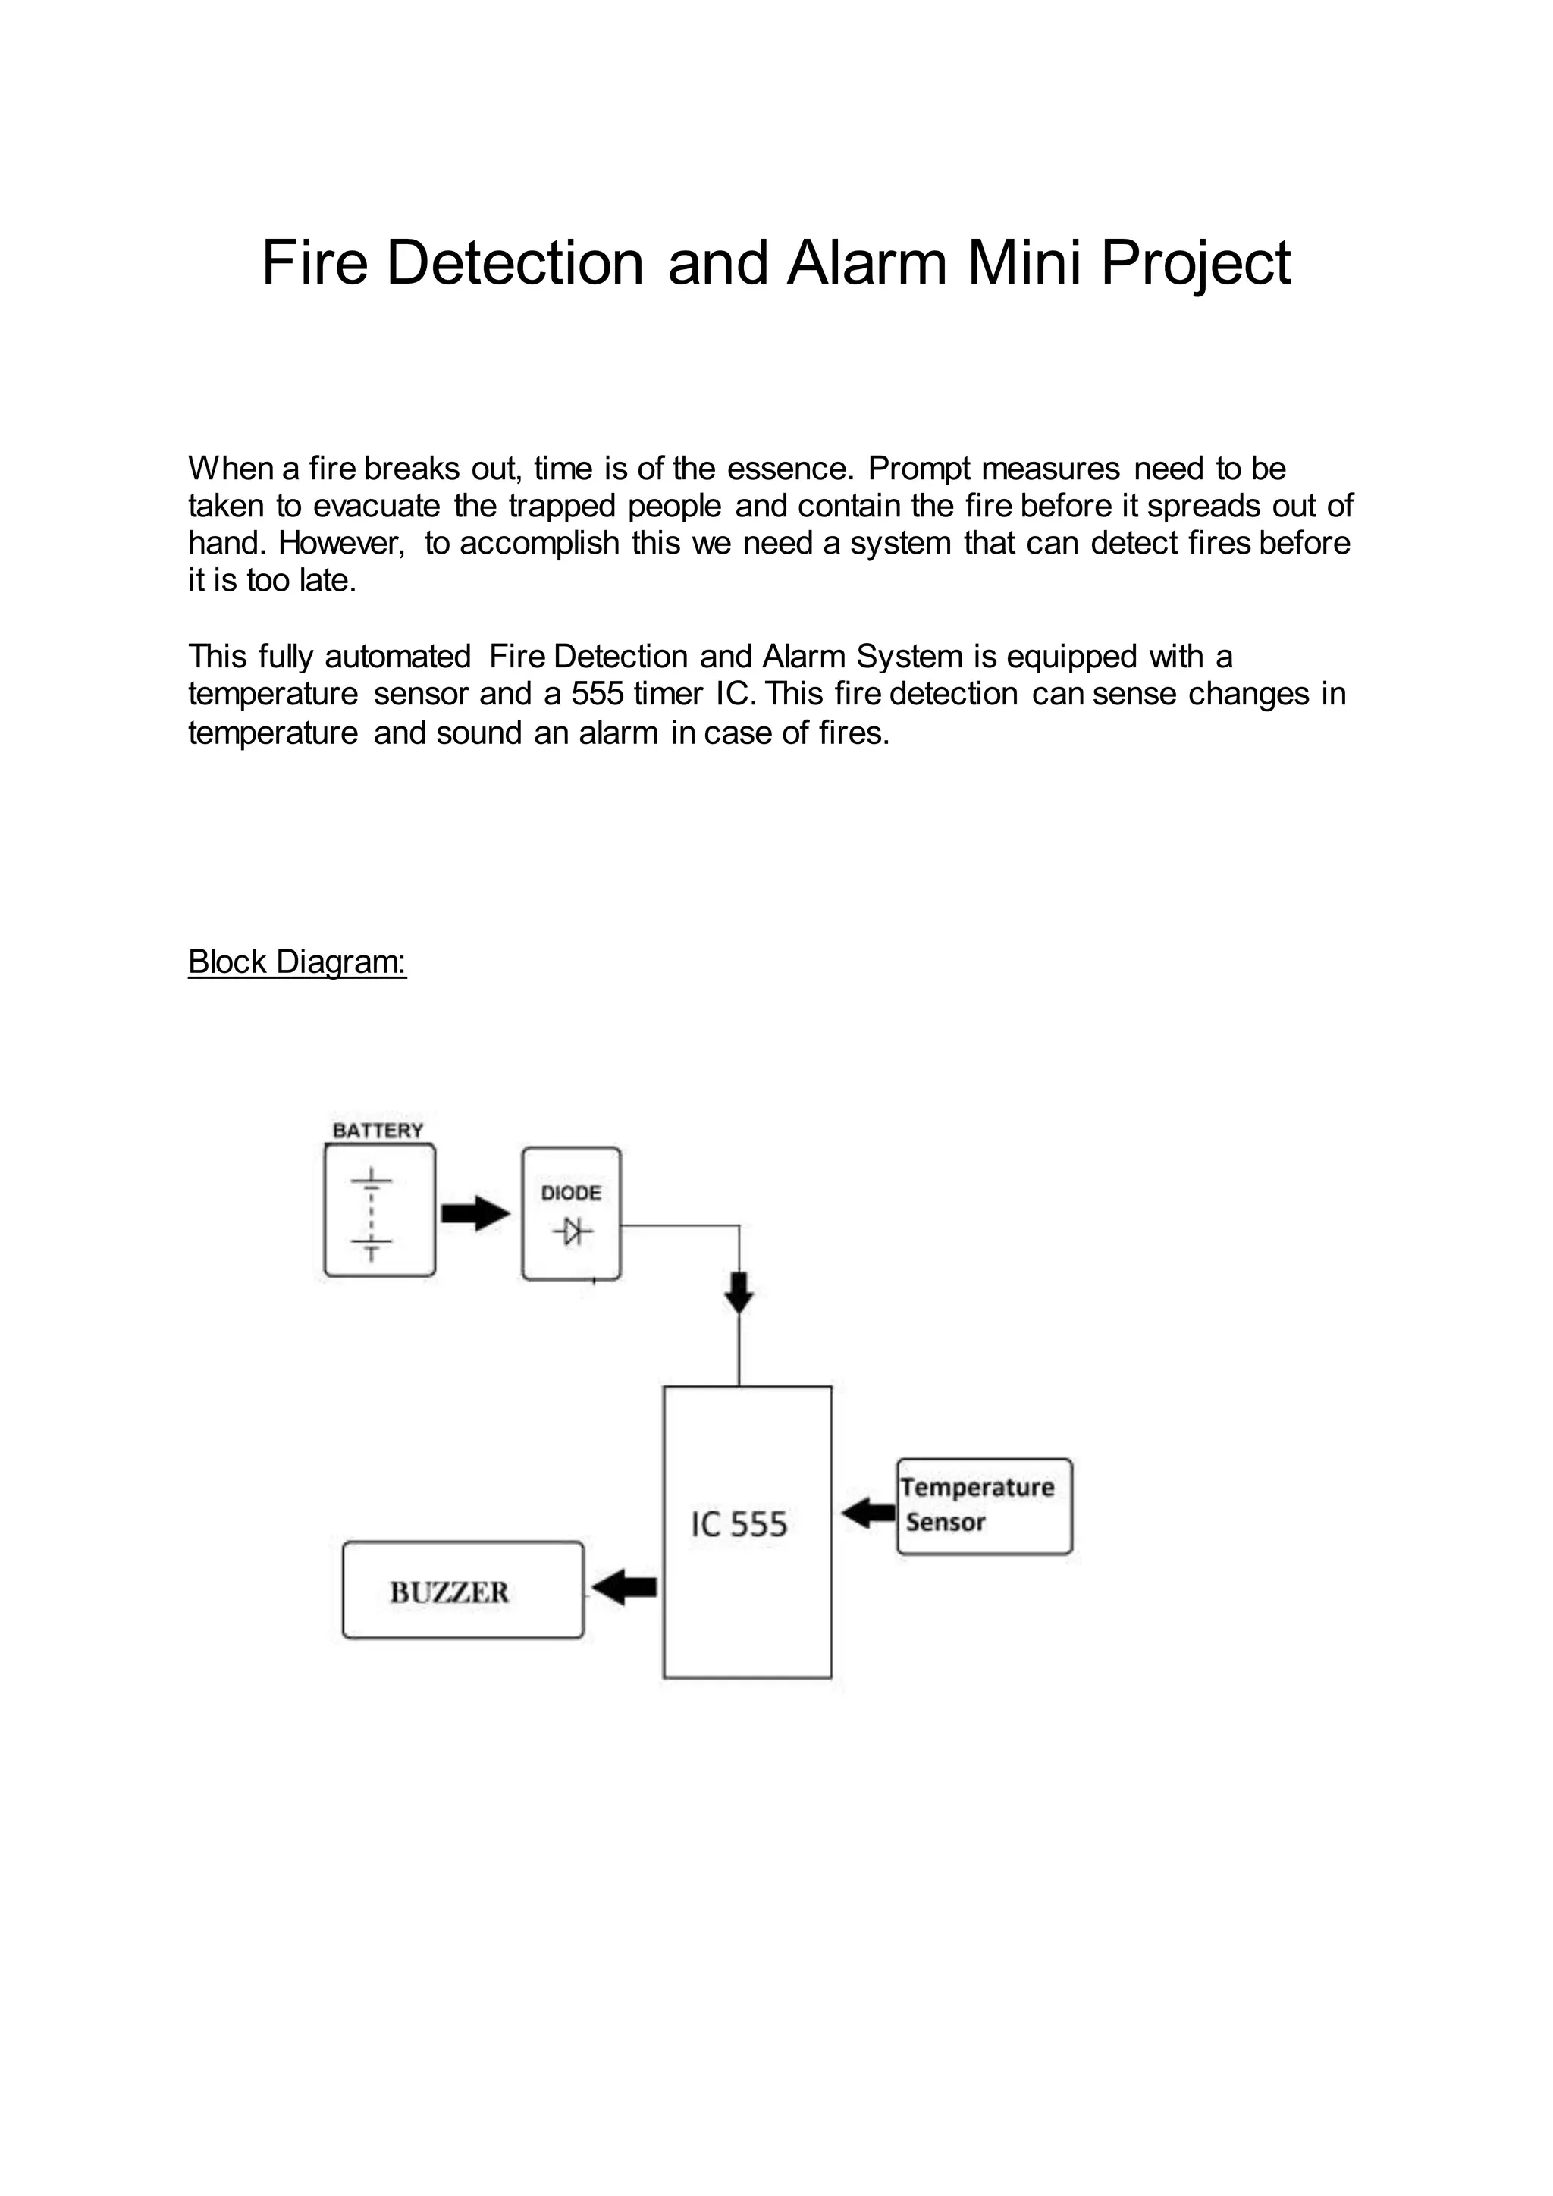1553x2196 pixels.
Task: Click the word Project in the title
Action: tap(1194, 263)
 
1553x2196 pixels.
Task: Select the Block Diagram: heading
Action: tap(297, 962)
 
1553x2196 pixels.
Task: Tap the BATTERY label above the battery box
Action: tap(378, 1131)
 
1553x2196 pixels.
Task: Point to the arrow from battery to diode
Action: tap(475, 1214)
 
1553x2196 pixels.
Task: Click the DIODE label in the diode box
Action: tap(571, 1193)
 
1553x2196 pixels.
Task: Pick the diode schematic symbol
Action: tap(572, 1232)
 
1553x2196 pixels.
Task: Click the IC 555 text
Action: tap(739, 1525)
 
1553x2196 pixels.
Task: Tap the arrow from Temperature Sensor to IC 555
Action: tap(868, 1513)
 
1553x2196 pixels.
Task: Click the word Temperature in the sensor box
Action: tap(977, 1487)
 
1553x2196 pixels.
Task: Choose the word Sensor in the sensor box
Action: tap(946, 1522)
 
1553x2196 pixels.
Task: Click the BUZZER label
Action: tap(450, 1592)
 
